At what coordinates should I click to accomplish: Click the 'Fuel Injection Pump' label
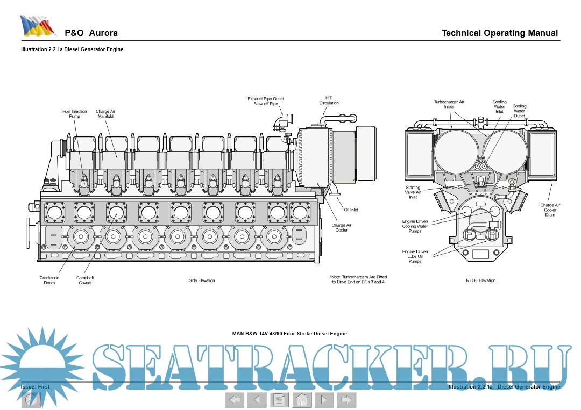point(74,113)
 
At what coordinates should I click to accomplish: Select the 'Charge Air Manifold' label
point(105,113)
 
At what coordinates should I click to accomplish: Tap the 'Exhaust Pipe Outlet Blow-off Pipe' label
point(265,101)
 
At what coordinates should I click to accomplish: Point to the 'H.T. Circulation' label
point(329,100)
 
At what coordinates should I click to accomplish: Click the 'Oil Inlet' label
point(351,210)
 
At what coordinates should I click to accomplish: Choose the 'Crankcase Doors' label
point(49,280)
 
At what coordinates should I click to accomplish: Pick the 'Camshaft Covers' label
point(84,280)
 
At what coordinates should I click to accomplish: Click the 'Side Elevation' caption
point(202,280)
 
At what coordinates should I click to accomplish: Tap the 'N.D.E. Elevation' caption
point(480,280)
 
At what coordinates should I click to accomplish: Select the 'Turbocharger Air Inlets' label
point(449,104)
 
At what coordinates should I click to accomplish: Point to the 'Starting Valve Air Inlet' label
point(413,192)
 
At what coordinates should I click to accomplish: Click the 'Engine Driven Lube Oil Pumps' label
point(415,256)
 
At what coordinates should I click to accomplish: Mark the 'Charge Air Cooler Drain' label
point(550,210)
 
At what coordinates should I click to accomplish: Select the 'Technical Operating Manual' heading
point(500,33)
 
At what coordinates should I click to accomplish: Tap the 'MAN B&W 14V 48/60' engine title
point(289,334)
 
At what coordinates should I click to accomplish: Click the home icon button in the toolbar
point(302,400)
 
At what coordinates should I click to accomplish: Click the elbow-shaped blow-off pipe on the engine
point(281,121)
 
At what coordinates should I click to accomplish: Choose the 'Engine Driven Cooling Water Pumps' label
point(415,226)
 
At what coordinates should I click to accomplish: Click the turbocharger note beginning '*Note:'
point(358,279)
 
